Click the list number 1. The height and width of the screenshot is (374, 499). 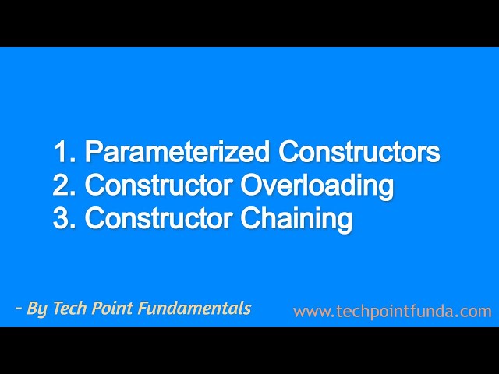[62, 152]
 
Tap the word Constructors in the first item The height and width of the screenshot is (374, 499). [352, 152]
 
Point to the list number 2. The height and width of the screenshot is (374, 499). [62, 185]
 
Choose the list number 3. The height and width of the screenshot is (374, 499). [62, 219]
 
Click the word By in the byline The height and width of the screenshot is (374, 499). [37, 309]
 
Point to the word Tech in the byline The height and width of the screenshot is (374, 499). [67, 309]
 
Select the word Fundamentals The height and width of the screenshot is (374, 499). [194, 309]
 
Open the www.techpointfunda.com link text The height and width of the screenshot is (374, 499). [392, 312]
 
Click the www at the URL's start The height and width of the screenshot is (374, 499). [310, 312]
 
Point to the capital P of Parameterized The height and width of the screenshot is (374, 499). [93, 152]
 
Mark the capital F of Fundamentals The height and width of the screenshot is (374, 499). [143, 309]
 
